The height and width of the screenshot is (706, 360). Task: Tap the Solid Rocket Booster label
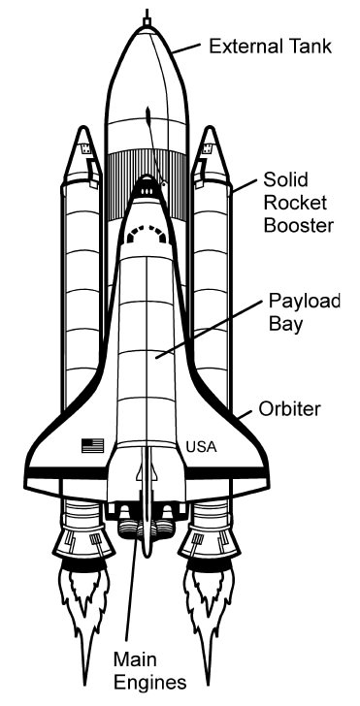298,204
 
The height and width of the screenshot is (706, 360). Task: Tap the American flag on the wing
92,445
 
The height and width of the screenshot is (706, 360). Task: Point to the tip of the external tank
147,17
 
